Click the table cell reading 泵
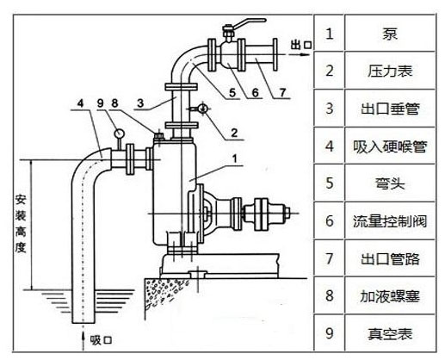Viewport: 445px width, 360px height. click(388, 36)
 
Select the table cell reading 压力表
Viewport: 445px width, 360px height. click(388, 71)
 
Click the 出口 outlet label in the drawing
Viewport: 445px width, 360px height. click(302, 43)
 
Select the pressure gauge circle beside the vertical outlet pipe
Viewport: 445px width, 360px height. click(201, 109)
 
